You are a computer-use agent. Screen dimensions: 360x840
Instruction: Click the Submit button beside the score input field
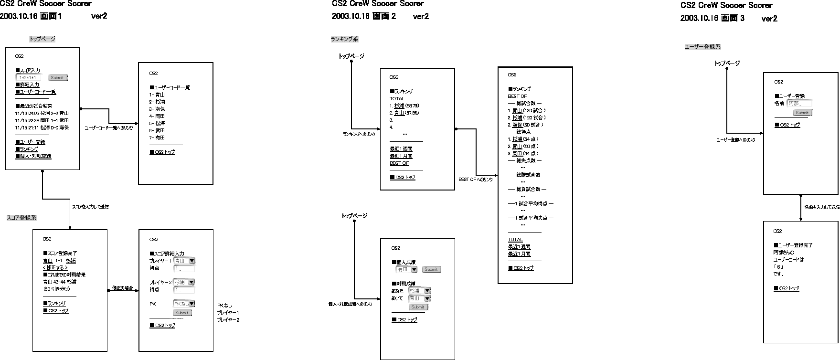pyautogui.click(x=58, y=78)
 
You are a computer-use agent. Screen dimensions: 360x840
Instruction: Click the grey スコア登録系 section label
pyautogui.click(x=21, y=218)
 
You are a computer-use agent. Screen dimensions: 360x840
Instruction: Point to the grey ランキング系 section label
pyautogui.click(x=344, y=39)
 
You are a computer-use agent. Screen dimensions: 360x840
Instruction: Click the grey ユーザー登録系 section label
pyautogui.click(x=702, y=47)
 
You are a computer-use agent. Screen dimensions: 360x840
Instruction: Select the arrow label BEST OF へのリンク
pyautogui.click(x=475, y=180)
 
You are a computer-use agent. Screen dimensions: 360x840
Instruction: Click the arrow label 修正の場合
pyautogui.click(x=122, y=288)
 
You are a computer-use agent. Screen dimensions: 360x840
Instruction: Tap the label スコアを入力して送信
pyautogui.click(x=90, y=207)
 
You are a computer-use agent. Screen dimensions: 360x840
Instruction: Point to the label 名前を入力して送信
pyautogui.click(x=821, y=208)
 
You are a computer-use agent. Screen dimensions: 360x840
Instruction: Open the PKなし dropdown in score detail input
pyautogui.click(x=184, y=304)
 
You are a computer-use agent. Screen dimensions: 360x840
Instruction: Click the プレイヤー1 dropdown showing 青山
pyautogui.click(x=184, y=261)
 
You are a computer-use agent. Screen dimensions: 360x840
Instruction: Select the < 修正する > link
pyautogui.click(x=55, y=268)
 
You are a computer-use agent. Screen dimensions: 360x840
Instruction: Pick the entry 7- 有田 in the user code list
pyautogui.click(x=157, y=138)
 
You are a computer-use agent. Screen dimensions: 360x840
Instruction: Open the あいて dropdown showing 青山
pyautogui.click(x=419, y=298)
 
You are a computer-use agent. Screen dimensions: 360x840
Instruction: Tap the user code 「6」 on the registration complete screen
pyautogui.click(x=780, y=267)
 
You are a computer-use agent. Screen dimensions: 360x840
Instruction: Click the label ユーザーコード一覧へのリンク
pyautogui.click(x=108, y=128)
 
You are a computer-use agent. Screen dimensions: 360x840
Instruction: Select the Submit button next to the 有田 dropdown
pyautogui.click(x=431, y=270)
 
